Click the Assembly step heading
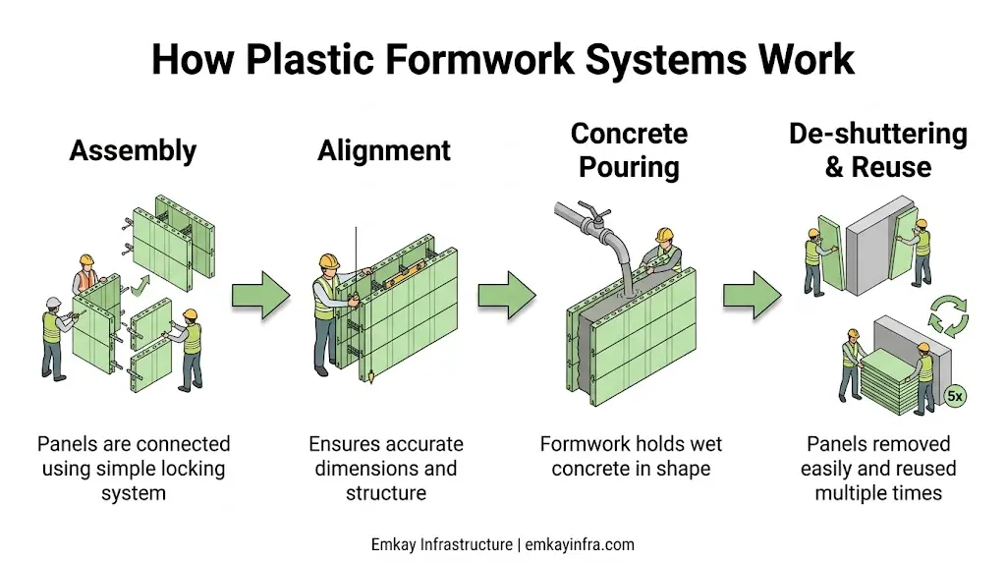pos(133,150)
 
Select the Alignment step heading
pos(384,150)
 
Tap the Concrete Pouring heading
pos(629,150)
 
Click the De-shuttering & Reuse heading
pos(877,150)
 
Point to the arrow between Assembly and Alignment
pos(261,295)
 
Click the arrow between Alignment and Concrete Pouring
pos(507,295)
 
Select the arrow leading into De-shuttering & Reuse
pos(753,295)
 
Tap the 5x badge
pos(955,396)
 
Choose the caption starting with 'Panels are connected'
pos(134,469)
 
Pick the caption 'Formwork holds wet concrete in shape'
pos(630,456)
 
